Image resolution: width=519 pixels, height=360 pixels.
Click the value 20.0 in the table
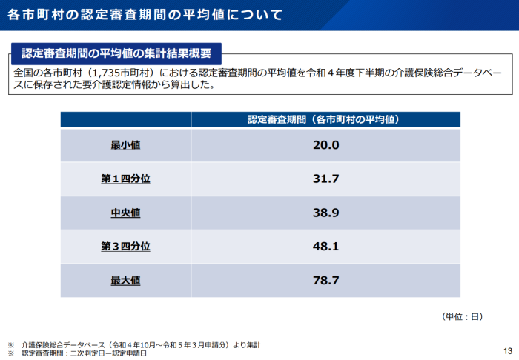pos(325,145)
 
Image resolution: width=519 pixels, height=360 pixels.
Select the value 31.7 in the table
pos(325,179)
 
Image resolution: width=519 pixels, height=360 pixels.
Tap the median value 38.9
pos(325,213)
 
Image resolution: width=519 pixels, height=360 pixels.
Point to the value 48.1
pos(325,246)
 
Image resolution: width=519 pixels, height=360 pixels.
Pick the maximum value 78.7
pos(325,280)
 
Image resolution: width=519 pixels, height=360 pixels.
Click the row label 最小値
pos(125,145)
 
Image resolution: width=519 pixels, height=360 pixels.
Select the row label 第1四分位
pos(125,179)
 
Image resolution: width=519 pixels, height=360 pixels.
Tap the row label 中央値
pos(125,213)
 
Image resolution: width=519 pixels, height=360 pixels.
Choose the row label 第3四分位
pos(125,246)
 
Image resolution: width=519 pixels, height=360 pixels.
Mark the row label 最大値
pos(125,280)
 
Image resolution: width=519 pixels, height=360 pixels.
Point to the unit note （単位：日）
pos(462,316)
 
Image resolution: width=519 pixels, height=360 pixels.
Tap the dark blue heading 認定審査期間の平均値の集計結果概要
pos(116,53)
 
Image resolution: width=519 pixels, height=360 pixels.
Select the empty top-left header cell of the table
pos(125,119)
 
